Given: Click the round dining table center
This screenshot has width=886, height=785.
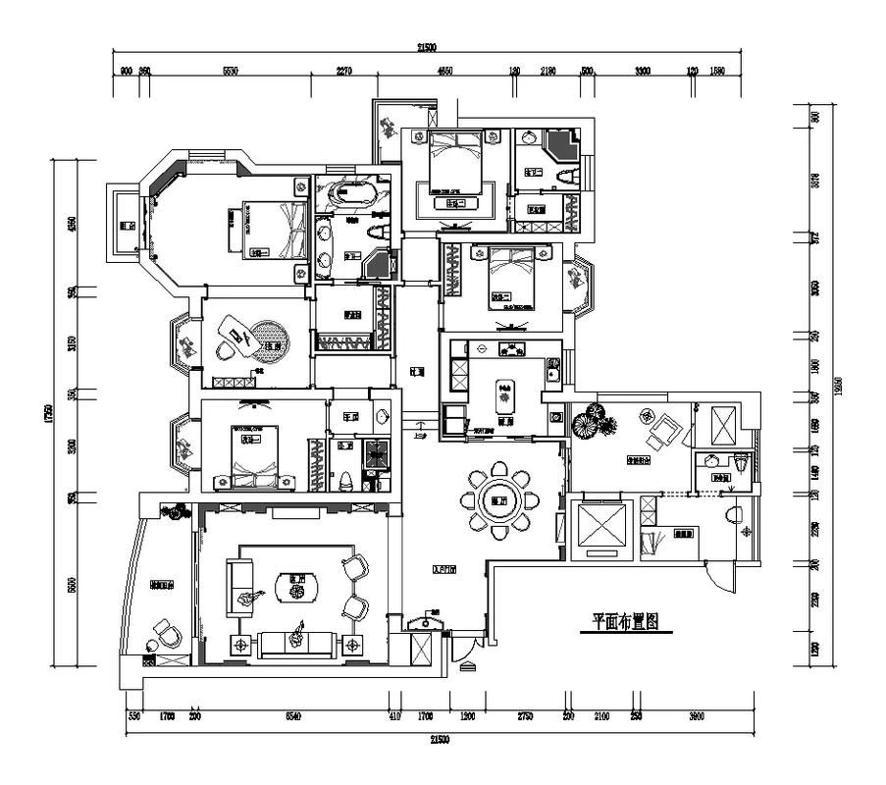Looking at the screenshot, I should (501, 497).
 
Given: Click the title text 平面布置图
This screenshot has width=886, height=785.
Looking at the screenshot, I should (624, 621).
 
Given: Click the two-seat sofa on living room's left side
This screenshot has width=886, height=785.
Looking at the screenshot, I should (239, 587).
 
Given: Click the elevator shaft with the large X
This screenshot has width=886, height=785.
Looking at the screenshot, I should (599, 529).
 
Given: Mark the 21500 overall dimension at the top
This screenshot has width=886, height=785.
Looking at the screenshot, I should (426, 46).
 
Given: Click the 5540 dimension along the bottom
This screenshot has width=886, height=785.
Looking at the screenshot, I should (292, 717).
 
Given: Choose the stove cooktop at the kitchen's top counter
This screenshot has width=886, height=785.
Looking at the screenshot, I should (510, 349).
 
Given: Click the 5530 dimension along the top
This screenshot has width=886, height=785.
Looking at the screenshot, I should (231, 72).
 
